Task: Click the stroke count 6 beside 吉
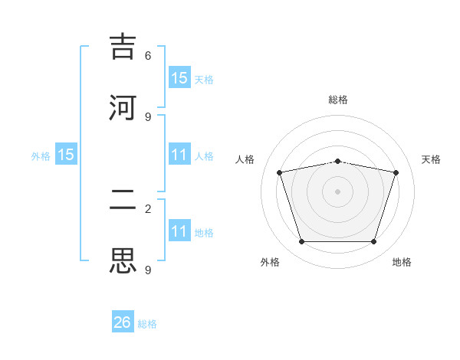(148, 56)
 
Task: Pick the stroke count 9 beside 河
(148, 116)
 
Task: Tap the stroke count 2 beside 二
(148, 208)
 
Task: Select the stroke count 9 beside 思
(148, 270)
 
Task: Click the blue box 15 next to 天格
(179, 77)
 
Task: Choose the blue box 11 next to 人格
(179, 155)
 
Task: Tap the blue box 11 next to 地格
(179, 231)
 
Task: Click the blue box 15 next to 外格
(66, 155)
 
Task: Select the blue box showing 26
(123, 322)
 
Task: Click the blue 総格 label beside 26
(147, 324)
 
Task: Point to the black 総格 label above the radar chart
(337, 100)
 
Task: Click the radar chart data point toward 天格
(396, 172)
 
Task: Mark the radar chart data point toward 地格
(373, 242)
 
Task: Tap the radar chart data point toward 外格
(301, 242)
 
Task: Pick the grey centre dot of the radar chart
(337, 191)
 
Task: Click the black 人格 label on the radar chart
(245, 159)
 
